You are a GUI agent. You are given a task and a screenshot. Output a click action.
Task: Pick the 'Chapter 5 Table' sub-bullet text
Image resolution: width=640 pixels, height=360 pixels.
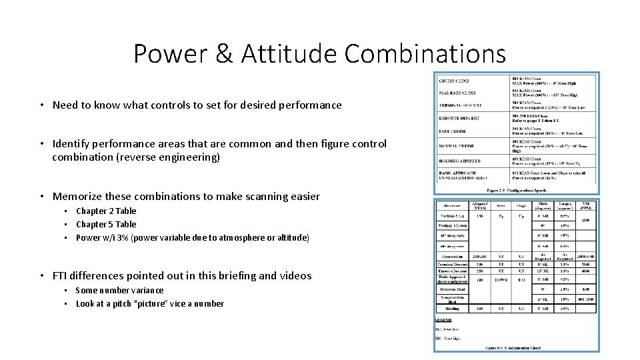point(105,225)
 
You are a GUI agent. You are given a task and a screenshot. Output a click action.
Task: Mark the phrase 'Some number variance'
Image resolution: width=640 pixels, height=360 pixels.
point(119,290)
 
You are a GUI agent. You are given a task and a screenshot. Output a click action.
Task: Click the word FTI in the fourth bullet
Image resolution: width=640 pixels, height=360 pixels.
point(60,276)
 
